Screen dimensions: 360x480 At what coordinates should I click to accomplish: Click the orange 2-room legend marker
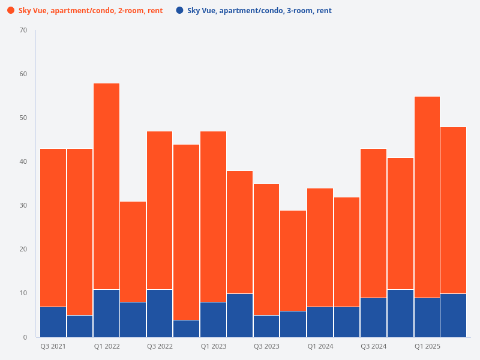tap(11, 11)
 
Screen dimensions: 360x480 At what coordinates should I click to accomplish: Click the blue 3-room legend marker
tap(179, 11)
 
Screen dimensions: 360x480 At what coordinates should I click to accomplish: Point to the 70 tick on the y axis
tap(23, 30)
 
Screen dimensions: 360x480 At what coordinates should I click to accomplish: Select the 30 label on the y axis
tap(23, 205)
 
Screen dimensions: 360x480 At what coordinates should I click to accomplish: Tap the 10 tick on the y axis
tap(23, 293)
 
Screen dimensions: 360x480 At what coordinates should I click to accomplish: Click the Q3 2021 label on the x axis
tap(53, 347)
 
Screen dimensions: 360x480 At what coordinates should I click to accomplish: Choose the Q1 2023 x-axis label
tap(213, 347)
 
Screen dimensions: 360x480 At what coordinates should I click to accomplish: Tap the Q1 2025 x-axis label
tap(427, 347)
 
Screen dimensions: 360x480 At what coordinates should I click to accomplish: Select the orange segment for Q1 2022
tap(106, 186)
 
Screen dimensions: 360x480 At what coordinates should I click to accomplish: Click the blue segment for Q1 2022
tap(106, 313)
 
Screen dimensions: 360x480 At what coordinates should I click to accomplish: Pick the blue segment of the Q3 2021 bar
tap(53, 322)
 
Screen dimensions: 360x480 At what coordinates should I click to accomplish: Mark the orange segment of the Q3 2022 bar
tap(160, 210)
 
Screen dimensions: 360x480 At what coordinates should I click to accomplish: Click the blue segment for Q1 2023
tap(213, 319)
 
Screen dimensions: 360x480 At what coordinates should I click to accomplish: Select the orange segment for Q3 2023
tap(266, 249)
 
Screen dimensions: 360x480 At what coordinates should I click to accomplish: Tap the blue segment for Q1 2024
tap(320, 322)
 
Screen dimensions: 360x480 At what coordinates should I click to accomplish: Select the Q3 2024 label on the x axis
tap(373, 347)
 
